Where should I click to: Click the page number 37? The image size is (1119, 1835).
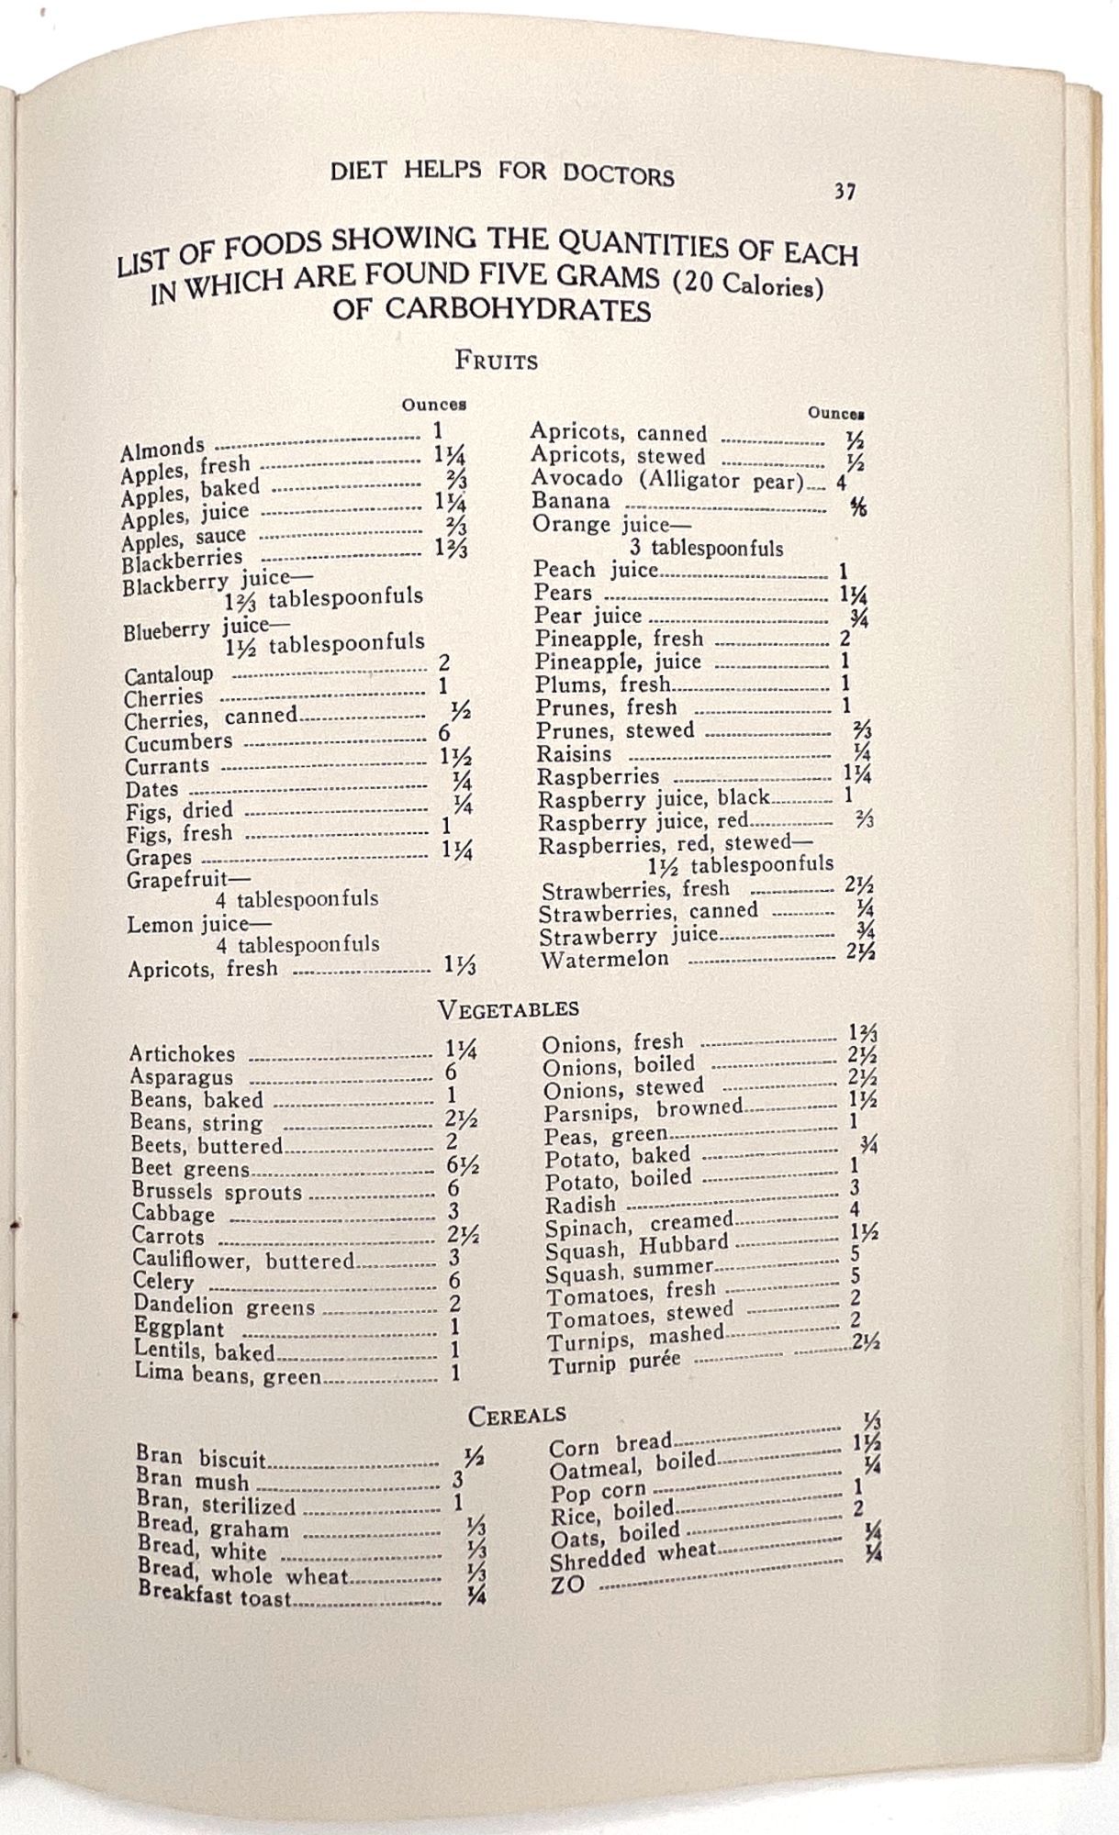[845, 192]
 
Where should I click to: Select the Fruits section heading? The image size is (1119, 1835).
[496, 360]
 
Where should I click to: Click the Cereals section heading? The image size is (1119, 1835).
[517, 1415]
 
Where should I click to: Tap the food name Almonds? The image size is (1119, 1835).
[162, 449]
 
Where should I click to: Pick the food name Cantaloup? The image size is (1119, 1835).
[170, 675]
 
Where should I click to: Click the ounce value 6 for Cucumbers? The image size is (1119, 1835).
[444, 733]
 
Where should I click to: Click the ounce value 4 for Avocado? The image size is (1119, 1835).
[841, 481]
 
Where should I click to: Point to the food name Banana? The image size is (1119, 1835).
[570, 501]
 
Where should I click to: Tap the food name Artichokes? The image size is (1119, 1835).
[183, 1054]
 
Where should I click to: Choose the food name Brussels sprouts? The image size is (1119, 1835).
[217, 1192]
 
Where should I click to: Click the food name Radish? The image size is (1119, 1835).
[580, 1205]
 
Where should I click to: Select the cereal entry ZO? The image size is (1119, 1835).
[566, 1585]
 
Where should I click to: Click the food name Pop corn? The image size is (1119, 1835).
[598, 1491]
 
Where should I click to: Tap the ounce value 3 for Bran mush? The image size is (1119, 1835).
[457, 1480]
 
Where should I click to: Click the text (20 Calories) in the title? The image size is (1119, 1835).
[747, 285]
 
